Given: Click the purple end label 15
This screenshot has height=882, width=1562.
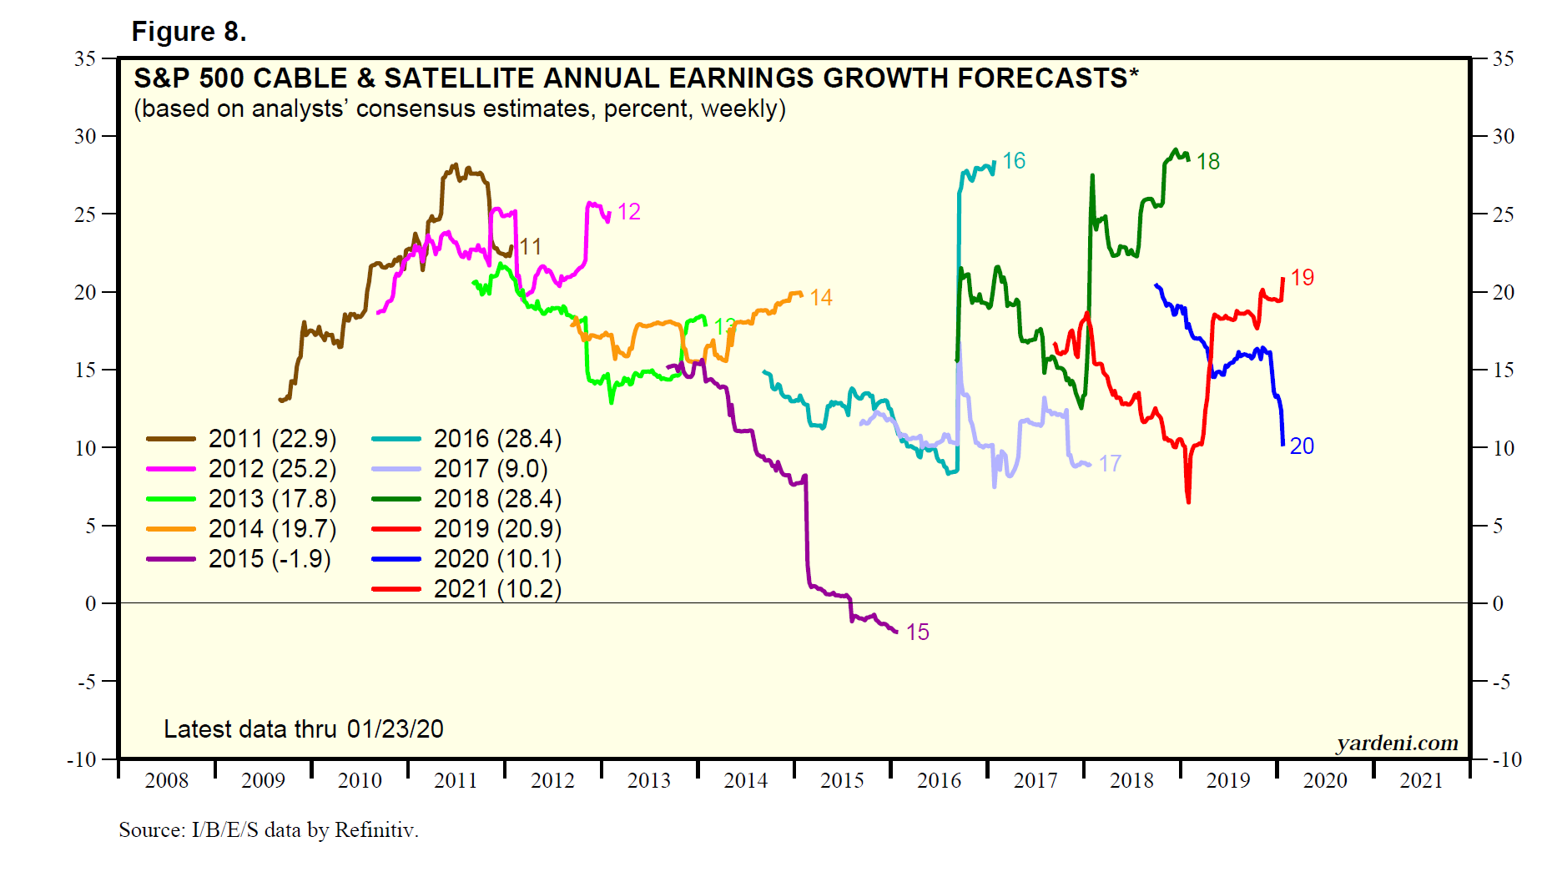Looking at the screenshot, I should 917,633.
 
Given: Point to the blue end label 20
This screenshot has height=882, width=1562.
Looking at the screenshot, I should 1302,446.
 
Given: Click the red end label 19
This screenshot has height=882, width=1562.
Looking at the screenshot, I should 1302,278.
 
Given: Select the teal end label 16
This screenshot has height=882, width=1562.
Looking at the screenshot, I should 1014,161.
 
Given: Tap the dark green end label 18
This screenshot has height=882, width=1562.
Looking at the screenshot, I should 1207,162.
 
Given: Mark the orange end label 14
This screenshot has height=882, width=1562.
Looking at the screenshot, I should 821,298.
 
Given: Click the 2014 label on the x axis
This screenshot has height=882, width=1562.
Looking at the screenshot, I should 745,781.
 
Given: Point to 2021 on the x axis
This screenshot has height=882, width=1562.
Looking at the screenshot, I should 1421,781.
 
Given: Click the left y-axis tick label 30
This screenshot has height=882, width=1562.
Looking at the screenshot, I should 85,136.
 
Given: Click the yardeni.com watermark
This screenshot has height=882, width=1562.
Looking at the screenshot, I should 1397,743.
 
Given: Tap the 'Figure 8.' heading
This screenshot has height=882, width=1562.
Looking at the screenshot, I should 189,32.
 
